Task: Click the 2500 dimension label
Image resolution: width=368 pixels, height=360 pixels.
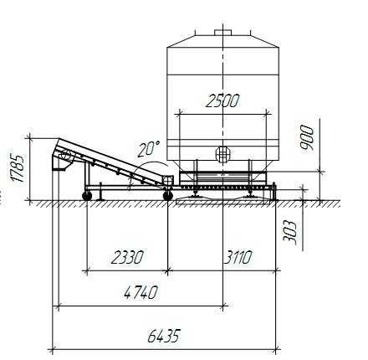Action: tap(222, 101)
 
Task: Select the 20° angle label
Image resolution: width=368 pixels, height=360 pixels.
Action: tap(149, 148)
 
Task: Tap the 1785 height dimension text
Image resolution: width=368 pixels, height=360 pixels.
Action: tap(17, 167)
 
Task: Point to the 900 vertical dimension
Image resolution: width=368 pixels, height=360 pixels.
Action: tap(306, 137)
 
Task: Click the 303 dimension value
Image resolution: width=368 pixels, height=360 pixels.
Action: tap(289, 233)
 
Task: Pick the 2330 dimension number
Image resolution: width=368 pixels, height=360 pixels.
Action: tap(127, 257)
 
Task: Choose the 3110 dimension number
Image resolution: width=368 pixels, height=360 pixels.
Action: tap(238, 257)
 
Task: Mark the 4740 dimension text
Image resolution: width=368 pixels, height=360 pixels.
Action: tap(141, 292)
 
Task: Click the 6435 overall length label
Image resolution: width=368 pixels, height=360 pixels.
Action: tap(164, 336)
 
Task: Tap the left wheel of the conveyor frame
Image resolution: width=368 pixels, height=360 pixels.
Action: tap(87, 196)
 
